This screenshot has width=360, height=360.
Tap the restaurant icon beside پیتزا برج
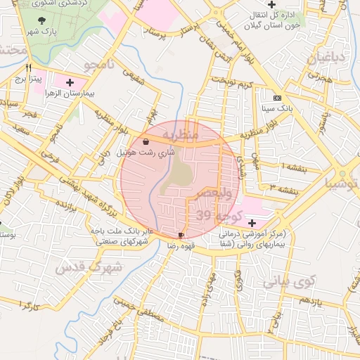click(29, 69)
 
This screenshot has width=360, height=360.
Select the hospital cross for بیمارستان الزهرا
click(70, 83)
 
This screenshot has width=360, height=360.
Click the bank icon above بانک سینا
click(277, 98)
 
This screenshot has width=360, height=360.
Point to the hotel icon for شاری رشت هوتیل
click(145, 141)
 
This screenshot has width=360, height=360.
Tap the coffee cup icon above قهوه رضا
click(181, 235)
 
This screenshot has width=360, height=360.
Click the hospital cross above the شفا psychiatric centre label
click(252, 222)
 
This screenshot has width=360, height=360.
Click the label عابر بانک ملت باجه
click(120, 231)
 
